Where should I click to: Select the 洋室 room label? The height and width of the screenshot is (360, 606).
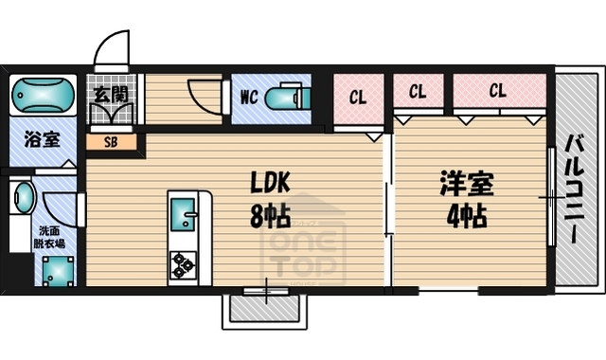(x=467, y=182)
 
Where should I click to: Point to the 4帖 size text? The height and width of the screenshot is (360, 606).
(x=467, y=215)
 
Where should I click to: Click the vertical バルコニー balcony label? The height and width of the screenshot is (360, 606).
(x=575, y=189)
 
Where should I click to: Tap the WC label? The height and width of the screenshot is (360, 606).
(x=250, y=97)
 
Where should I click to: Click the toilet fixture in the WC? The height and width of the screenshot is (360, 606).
(x=283, y=98)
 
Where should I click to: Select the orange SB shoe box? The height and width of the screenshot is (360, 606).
(x=110, y=143)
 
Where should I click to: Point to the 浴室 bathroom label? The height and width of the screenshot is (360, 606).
(x=40, y=140)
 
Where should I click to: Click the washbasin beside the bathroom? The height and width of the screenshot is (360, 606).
(x=23, y=200)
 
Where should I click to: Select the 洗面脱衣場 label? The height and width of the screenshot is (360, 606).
(x=49, y=237)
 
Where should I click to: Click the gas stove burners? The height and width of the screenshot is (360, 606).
(x=184, y=264)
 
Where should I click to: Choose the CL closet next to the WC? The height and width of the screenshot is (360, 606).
(x=358, y=97)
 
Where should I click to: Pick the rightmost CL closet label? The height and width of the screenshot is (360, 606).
(x=497, y=92)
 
